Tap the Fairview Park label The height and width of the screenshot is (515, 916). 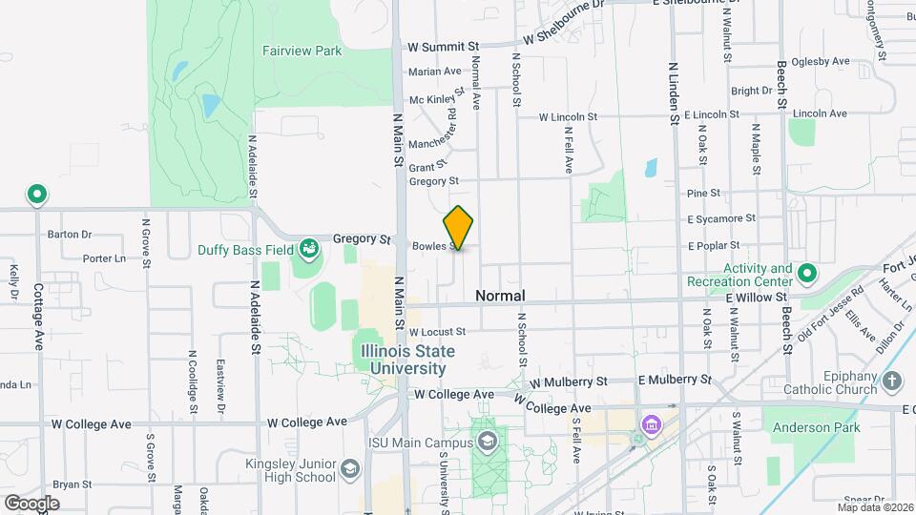(x=302, y=51)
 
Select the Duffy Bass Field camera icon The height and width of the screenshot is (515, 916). (x=308, y=250)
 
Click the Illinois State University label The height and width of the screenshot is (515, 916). (x=408, y=359)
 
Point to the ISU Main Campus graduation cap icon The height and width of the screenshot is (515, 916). (x=488, y=442)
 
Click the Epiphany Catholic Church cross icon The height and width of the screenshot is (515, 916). (x=892, y=381)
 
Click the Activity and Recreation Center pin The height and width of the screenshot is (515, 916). (x=806, y=275)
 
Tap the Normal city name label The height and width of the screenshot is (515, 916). (x=501, y=297)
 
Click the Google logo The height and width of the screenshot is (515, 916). (x=31, y=503)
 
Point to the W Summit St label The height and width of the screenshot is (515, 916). (x=443, y=46)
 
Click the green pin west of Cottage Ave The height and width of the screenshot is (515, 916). (x=37, y=196)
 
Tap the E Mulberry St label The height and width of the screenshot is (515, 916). (x=675, y=379)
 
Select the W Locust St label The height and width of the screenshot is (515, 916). (x=437, y=332)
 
